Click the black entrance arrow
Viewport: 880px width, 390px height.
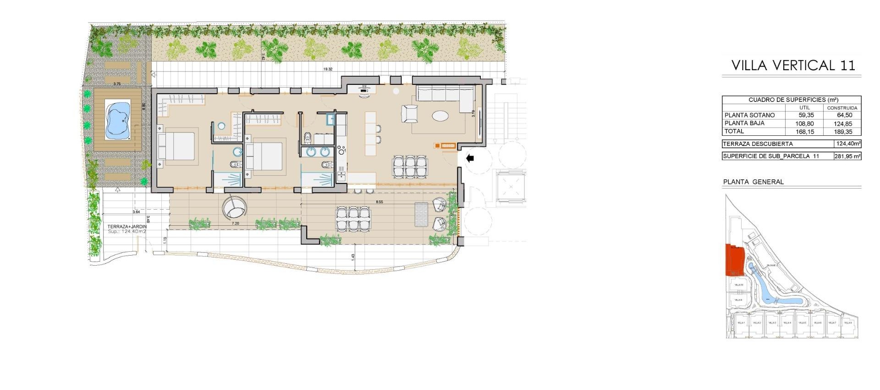point(470,158)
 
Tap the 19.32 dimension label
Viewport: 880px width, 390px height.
point(328,69)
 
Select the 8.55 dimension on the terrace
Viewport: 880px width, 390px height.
point(379,201)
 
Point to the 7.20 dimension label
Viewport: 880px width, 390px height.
point(236,223)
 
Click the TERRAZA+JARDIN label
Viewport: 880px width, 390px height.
point(127,227)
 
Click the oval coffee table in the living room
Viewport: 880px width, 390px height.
point(441,115)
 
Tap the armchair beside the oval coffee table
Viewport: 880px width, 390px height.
point(410,113)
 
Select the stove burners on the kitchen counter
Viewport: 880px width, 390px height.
point(341,150)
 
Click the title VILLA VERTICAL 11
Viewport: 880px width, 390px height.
point(793,66)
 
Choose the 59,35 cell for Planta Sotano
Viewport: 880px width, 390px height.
point(806,115)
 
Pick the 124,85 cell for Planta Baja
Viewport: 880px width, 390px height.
point(842,123)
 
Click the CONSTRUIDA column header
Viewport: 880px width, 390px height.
point(842,108)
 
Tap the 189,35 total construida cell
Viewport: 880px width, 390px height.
point(842,132)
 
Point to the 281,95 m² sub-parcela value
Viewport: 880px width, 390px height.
point(847,156)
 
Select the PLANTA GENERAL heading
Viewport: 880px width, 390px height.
point(753,182)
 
